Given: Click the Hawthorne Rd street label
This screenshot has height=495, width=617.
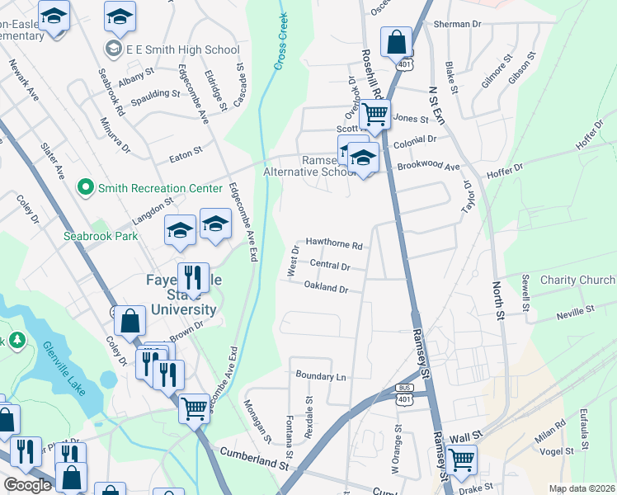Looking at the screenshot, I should pos(334,245).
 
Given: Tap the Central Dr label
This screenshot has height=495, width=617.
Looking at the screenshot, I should pos(330,266).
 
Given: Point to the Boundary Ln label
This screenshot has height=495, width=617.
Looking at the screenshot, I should pos(321,376).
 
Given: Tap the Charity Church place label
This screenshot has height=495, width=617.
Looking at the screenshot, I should pos(577,280).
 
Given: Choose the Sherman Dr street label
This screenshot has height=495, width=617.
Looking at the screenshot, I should pos(456,26).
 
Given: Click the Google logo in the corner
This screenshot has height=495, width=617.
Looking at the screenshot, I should pos(27,485).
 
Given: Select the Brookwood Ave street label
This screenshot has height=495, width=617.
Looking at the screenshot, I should pos(428,166).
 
